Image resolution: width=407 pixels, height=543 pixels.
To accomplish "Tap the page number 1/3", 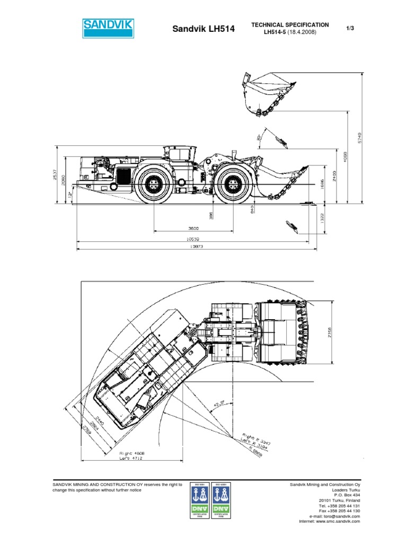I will (x=349, y=28).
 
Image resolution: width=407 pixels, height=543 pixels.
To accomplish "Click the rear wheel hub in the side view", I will (x=154, y=183).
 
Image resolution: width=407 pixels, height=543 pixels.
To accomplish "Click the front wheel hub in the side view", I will (x=233, y=183).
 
